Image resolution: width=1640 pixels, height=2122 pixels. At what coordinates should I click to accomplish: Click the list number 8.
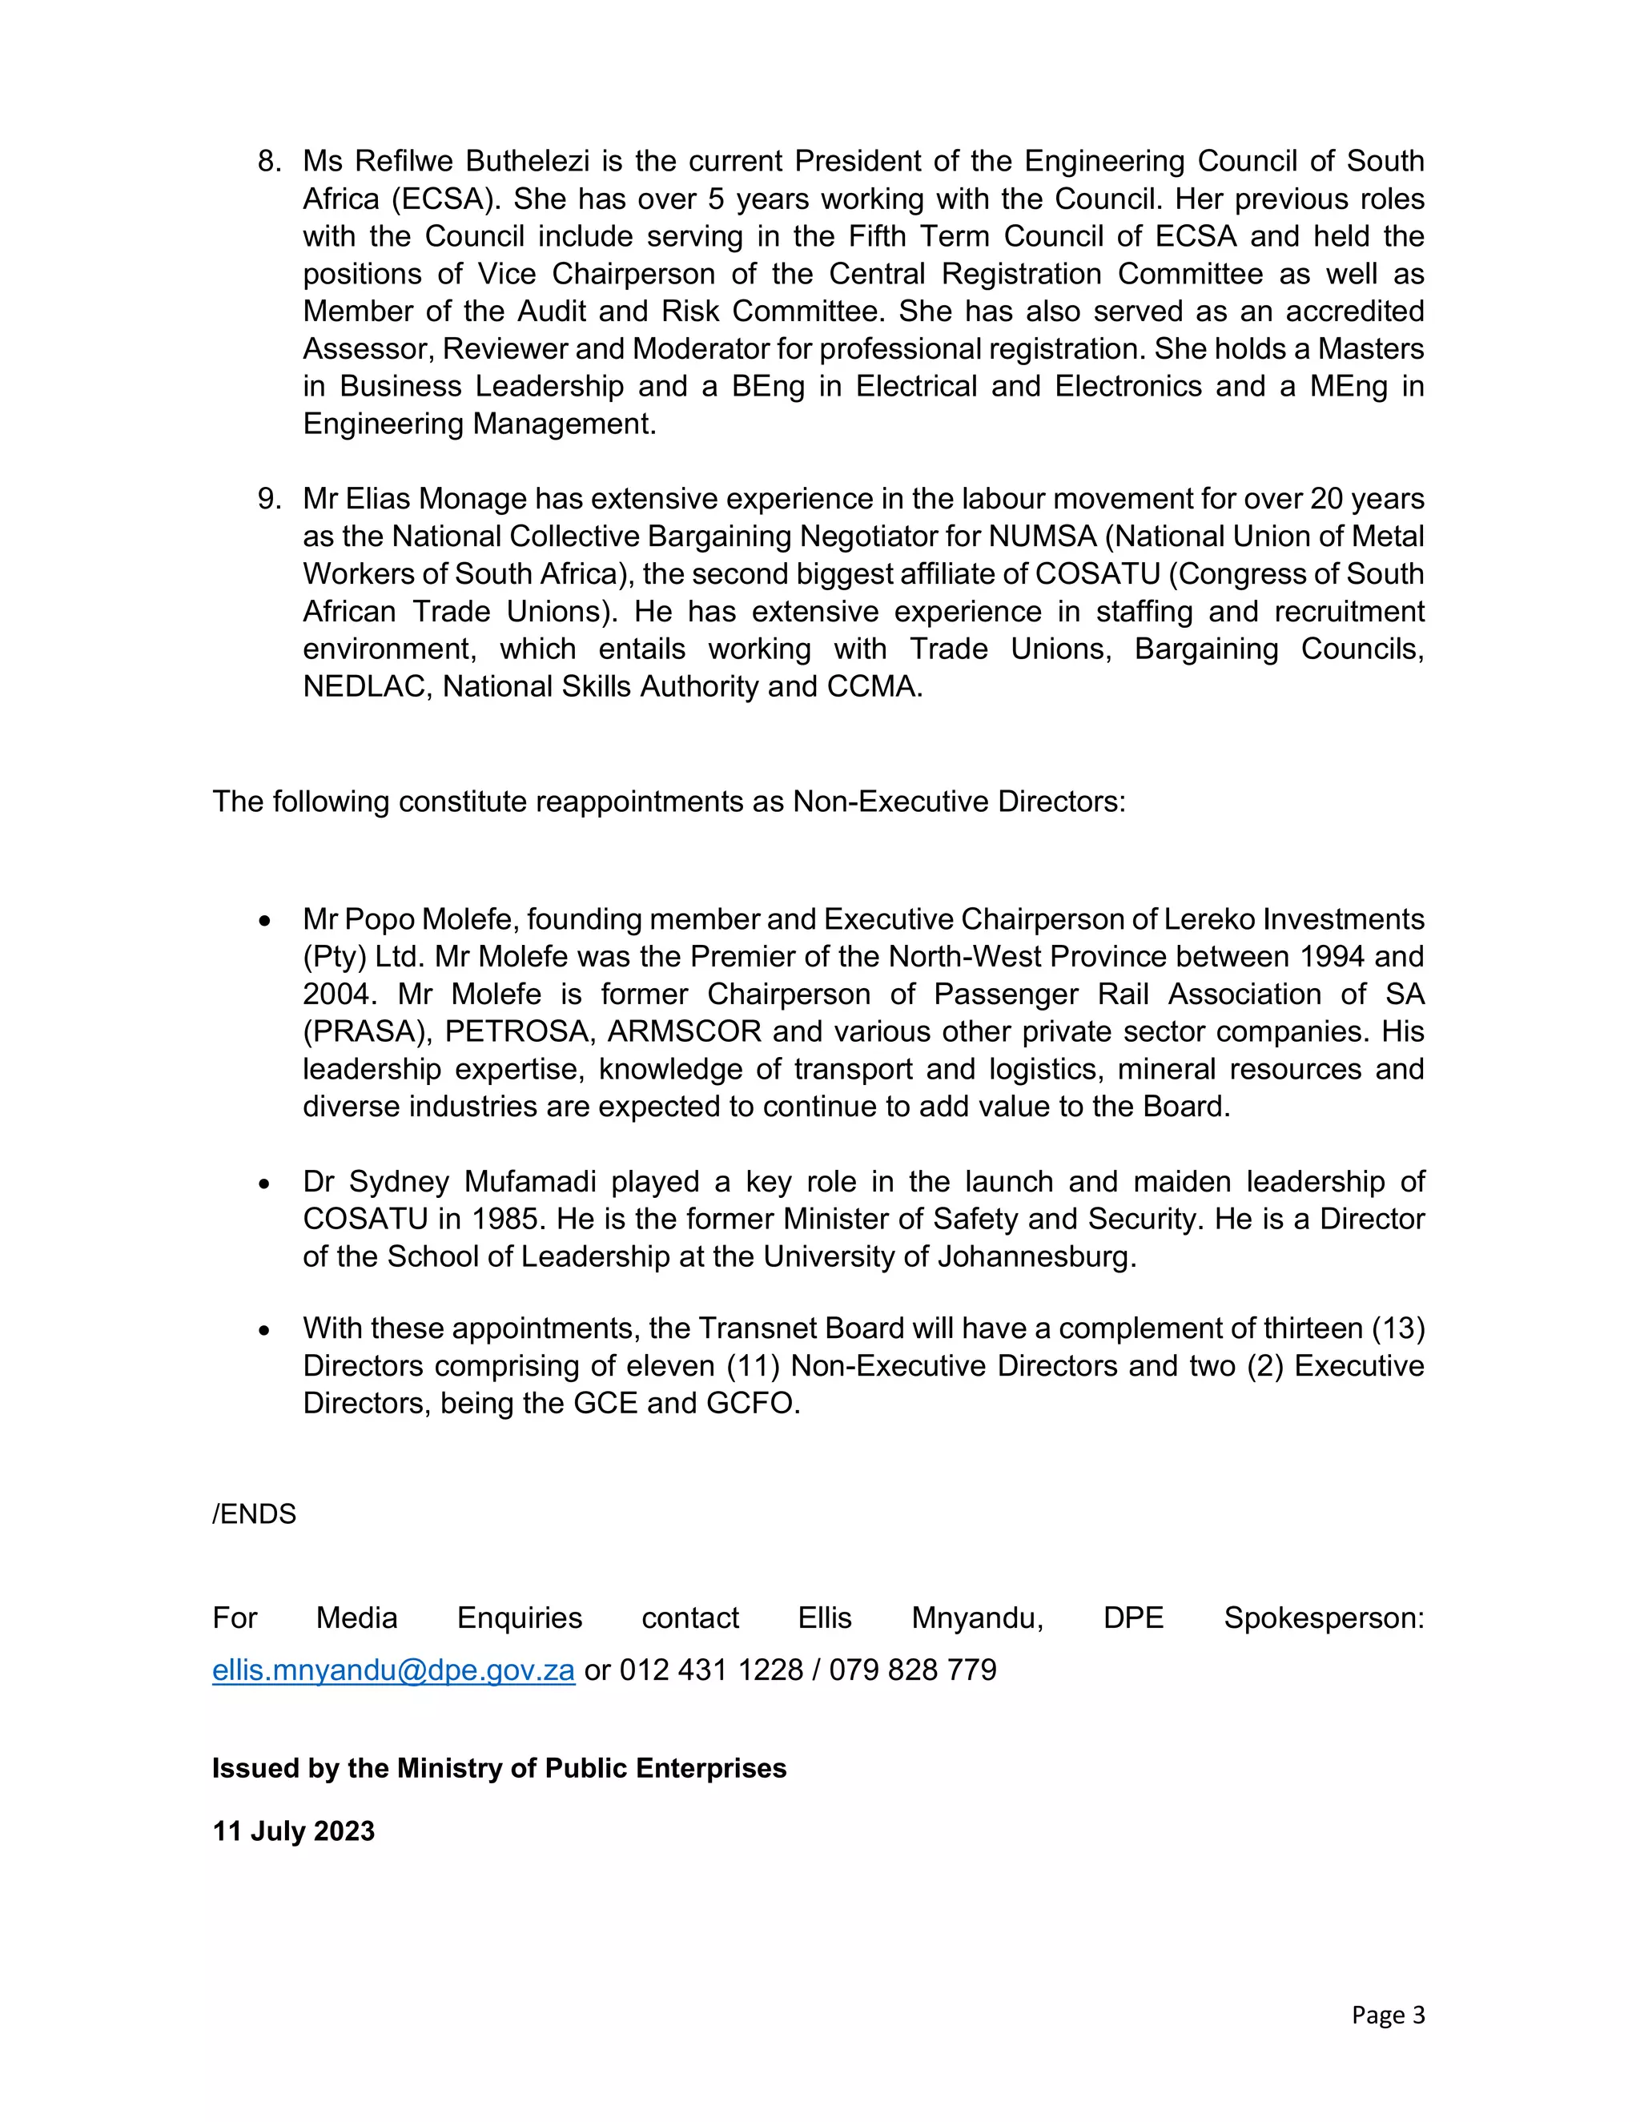point(268,161)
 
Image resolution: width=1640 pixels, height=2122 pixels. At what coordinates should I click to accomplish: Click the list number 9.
point(268,500)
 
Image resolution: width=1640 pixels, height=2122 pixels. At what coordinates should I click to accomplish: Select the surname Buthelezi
point(528,161)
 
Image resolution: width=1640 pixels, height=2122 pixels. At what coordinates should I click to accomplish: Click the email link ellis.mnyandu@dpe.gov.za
point(393,1670)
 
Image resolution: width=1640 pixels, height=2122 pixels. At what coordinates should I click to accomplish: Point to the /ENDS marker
point(254,1513)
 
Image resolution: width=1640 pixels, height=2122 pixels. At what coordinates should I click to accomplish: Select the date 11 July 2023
point(293,1831)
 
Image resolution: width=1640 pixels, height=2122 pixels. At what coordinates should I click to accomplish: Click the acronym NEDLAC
point(365,687)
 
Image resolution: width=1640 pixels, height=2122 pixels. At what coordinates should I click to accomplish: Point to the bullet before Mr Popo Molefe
point(264,920)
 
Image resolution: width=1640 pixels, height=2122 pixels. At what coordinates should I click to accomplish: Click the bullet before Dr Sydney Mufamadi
point(264,1184)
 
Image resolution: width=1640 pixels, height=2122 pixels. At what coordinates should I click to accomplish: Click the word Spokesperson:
point(1323,1618)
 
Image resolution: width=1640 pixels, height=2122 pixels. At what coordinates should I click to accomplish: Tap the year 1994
point(1331,957)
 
